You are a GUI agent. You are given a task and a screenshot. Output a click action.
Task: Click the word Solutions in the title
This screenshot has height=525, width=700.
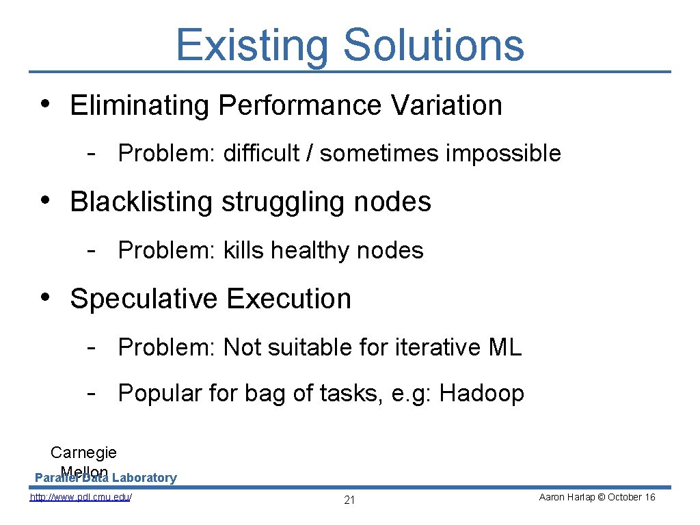pyautogui.click(x=433, y=45)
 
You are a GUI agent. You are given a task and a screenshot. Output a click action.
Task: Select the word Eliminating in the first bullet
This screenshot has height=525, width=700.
pyautogui.click(x=140, y=105)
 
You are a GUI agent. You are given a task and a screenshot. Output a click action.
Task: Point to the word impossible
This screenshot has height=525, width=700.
pyautogui.click(x=503, y=154)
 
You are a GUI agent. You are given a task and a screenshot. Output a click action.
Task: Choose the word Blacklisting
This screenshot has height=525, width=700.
pyautogui.click(x=142, y=202)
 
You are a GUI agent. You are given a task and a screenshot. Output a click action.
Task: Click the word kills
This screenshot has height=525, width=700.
pyautogui.click(x=243, y=250)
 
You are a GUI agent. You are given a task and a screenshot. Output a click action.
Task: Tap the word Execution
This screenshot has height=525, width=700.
pyautogui.click(x=288, y=299)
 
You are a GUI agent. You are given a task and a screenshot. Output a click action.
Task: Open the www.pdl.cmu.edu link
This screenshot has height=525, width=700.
pyautogui.click(x=81, y=498)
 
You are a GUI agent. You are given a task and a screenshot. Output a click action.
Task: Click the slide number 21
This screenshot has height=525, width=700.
pyautogui.click(x=349, y=500)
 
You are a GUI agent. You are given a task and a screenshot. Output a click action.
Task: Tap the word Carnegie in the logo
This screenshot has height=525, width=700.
pyautogui.click(x=83, y=453)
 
